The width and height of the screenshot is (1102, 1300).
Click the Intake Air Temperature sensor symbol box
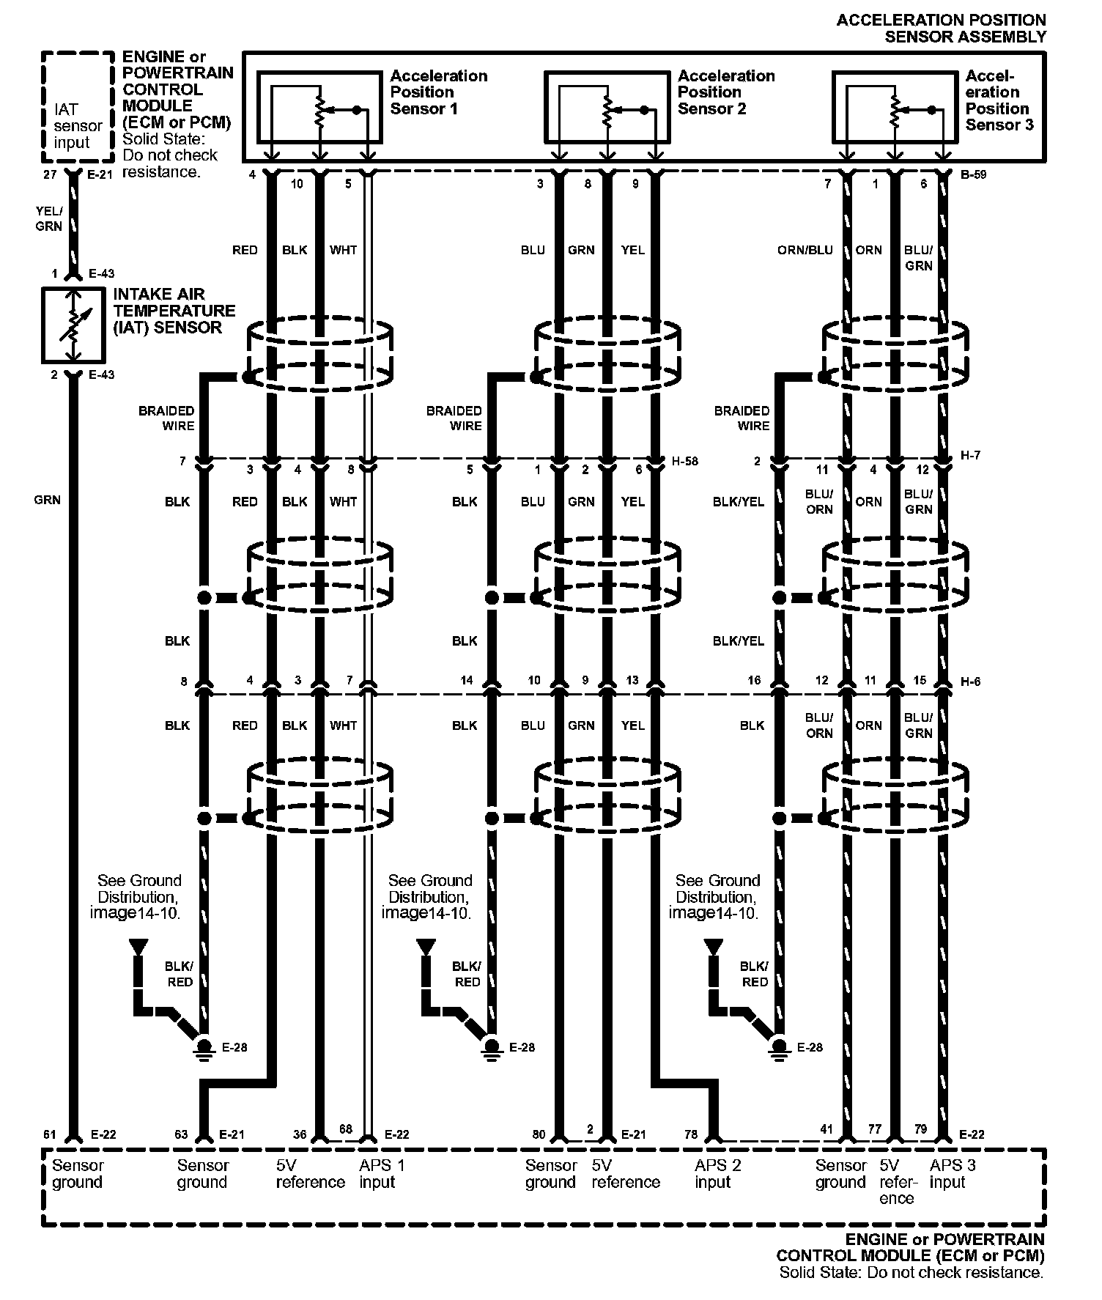[72, 325]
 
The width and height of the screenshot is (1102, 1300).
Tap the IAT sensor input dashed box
[78, 107]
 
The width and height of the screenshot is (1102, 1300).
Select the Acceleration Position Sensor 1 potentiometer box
[319, 107]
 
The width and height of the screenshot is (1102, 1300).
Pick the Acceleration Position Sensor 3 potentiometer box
[895, 107]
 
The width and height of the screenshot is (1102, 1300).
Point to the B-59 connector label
[973, 175]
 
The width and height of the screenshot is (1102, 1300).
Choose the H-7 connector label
[970, 456]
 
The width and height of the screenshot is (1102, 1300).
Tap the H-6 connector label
[970, 682]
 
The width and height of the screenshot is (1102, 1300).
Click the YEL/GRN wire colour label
[49, 218]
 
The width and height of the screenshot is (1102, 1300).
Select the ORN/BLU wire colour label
[805, 250]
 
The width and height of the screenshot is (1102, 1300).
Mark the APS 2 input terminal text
[718, 1173]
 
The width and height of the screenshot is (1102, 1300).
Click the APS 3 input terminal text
[953, 1173]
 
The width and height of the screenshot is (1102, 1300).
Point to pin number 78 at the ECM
[690, 1134]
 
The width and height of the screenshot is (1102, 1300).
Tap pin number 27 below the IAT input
[49, 175]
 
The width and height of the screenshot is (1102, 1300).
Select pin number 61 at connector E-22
[49, 1134]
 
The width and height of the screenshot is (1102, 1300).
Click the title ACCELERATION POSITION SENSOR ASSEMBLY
[941, 28]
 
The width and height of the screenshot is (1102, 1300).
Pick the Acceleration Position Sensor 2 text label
[725, 92]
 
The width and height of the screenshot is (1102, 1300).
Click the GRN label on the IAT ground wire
[47, 500]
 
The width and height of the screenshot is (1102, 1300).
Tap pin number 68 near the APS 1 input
[346, 1129]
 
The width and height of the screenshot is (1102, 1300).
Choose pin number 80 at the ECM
[539, 1134]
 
